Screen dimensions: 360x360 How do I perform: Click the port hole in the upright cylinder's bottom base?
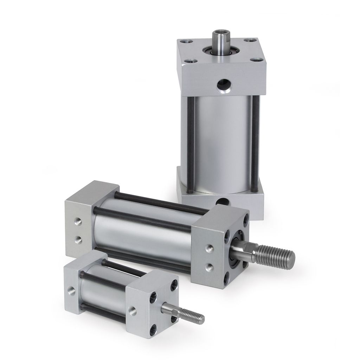coord(222,201)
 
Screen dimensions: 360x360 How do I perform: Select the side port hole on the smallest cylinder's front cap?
coord(133,311)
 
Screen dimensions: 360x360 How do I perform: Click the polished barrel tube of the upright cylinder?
coord(221,144)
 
